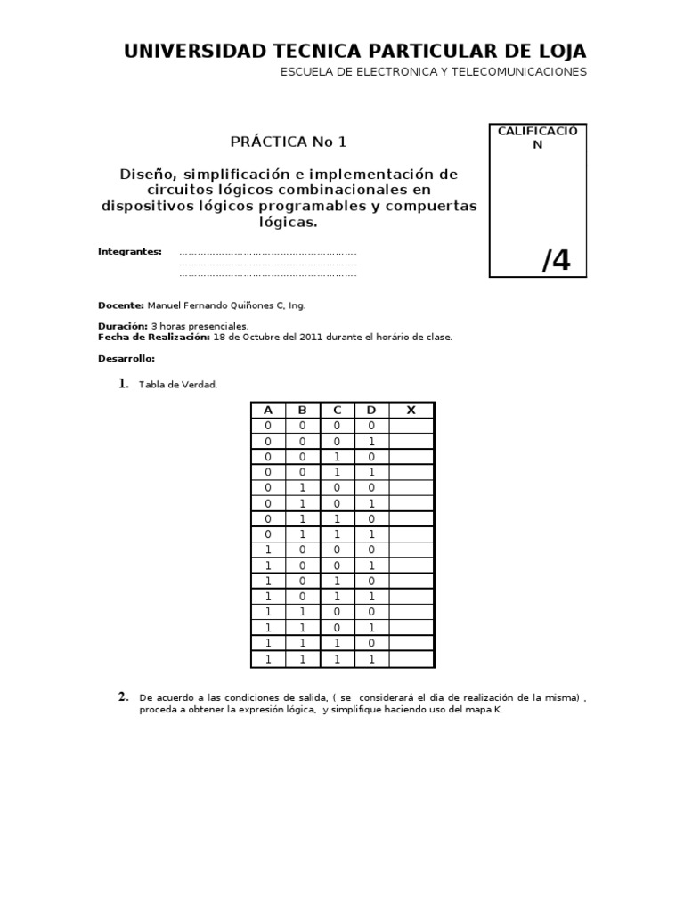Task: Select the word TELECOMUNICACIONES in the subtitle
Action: tap(524, 72)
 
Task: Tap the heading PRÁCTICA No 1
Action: tap(289, 142)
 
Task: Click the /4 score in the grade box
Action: tap(557, 260)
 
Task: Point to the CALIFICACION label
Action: tap(537, 138)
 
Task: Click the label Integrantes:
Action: tap(129, 252)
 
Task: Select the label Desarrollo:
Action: tap(126, 358)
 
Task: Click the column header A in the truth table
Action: tap(266, 411)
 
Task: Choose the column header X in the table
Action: tap(411, 411)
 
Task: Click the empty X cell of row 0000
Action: tap(411, 427)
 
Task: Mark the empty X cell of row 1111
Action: tap(411, 659)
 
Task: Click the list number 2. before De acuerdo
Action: tap(125, 696)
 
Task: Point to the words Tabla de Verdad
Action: tap(178, 384)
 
